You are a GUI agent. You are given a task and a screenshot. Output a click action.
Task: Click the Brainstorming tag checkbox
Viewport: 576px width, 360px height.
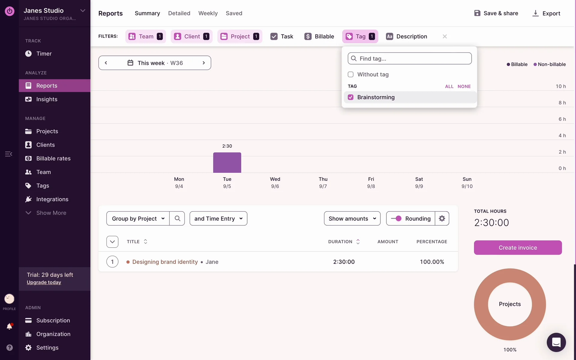350,97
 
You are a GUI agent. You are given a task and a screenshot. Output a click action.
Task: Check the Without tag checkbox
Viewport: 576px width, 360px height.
350,74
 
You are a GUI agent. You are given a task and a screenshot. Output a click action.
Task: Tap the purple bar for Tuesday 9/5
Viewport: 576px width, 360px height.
227,163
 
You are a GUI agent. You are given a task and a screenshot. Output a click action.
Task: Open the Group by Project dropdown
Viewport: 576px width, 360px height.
138,218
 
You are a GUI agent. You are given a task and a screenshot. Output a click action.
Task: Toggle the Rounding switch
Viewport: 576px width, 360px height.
396,218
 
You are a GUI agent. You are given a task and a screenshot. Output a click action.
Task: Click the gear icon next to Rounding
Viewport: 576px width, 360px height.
442,218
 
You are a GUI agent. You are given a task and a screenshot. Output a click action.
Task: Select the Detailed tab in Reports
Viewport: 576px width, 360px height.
179,13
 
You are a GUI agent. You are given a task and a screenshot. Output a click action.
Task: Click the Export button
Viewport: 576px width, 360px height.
546,13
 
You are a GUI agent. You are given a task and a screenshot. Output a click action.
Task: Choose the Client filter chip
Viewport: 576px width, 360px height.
191,36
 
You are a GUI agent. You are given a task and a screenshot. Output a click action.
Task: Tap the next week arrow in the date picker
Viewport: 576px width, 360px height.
204,63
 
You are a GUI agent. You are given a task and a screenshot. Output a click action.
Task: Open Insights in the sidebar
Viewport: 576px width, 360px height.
47,99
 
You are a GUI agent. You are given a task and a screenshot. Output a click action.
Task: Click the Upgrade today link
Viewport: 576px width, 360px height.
44,282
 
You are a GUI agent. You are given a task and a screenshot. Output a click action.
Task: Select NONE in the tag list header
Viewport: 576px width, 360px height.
464,86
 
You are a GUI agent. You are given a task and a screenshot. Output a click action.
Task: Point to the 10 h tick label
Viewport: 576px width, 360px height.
561,86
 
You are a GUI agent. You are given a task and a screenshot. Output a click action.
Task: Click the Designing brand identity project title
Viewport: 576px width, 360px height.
165,262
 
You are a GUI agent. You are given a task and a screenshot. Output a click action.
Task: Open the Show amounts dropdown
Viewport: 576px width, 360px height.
352,218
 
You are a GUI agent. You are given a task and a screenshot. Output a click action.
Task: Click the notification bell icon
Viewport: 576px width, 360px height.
9,326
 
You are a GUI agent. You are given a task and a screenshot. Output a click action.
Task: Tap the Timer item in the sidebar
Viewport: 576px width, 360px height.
44,54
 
